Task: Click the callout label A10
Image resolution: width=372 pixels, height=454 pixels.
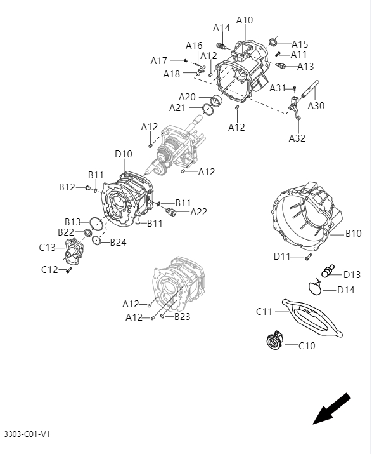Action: [245, 20]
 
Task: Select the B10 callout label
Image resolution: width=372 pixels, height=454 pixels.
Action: [353, 234]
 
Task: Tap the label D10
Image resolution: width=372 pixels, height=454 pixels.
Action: [124, 154]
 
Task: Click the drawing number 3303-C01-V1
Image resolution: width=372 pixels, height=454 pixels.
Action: [27, 434]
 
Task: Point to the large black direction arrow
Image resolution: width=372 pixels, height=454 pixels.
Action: [331, 409]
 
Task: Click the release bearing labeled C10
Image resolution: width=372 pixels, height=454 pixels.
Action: [274, 342]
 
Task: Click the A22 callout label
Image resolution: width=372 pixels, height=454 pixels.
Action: [199, 212]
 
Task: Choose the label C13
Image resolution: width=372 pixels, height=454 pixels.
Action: [48, 247]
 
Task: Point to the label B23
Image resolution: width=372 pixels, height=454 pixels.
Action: [183, 316]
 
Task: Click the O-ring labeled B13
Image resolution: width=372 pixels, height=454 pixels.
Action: [95, 224]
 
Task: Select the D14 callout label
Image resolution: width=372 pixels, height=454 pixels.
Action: [345, 290]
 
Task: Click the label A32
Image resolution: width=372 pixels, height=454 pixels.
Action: [297, 138]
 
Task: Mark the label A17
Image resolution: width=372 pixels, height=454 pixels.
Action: [159, 61]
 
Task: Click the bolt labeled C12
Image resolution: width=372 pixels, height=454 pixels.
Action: [69, 270]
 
